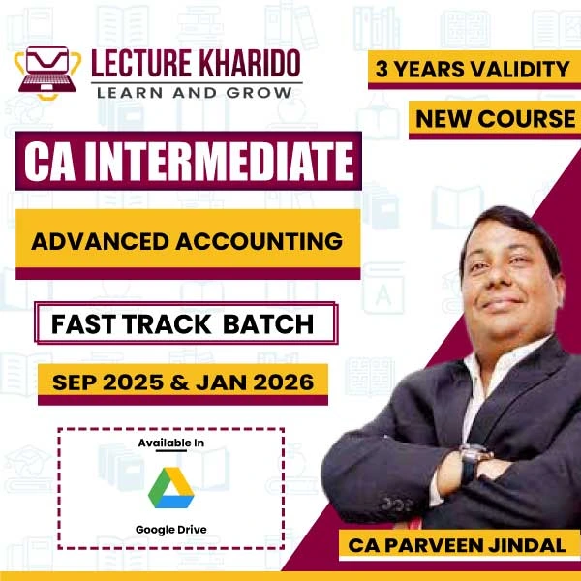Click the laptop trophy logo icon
tap(47, 73)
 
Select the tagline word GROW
tap(260, 92)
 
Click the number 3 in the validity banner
tap(382, 69)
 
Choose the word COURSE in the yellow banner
tap(526, 119)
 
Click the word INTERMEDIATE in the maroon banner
tap(220, 161)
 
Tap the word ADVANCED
tap(101, 241)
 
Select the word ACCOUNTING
tap(259, 241)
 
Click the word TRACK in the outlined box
tap(168, 324)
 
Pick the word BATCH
tap(268, 324)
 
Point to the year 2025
tap(133, 382)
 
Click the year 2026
tap(283, 382)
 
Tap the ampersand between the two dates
tap(180, 382)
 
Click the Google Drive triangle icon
tap(170, 488)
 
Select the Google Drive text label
tap(171, 530)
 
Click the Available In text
tap(171, 443)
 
